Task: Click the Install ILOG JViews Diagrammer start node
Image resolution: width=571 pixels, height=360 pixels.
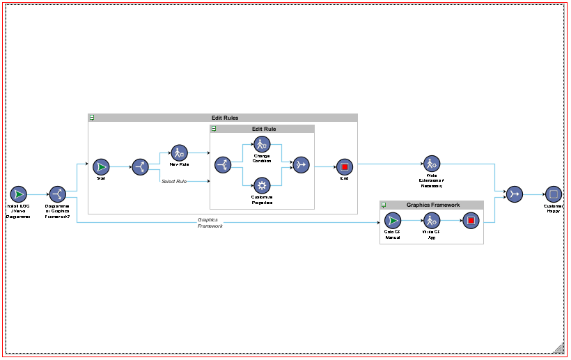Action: click(x=19, y=194)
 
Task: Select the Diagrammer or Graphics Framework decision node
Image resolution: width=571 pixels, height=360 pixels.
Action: click(x=57, y=194)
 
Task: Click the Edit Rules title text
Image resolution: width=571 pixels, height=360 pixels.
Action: click(x=225, y=118)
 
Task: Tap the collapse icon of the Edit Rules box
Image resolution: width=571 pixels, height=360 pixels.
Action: click(x=93, y=118)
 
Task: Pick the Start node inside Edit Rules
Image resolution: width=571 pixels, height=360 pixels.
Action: click(x=101, y=166)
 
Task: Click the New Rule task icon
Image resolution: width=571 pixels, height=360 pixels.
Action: click(x=179, y=152)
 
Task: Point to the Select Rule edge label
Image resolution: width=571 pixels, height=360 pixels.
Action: click(x=174, y=182)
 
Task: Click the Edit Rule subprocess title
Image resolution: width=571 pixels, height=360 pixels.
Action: click(x=264, y=129)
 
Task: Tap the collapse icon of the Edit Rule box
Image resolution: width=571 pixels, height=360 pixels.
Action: click(x=214, y=129)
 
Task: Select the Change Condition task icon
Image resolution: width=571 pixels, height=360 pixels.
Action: click(x=261, y=145)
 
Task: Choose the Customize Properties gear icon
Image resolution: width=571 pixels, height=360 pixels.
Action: click(x=261, y=185)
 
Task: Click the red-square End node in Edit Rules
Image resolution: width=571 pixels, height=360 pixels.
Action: click(x=344, y=166)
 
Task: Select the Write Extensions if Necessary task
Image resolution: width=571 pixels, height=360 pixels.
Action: click(x=431, y=164)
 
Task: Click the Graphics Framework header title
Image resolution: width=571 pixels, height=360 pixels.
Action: click(x=433, y=205)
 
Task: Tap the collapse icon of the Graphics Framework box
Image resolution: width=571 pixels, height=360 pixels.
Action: click(x=384, y=205)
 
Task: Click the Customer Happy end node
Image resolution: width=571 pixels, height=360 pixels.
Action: click(x=554, y=194)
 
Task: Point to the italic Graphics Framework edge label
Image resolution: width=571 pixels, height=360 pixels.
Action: click(x=210, y=223)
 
